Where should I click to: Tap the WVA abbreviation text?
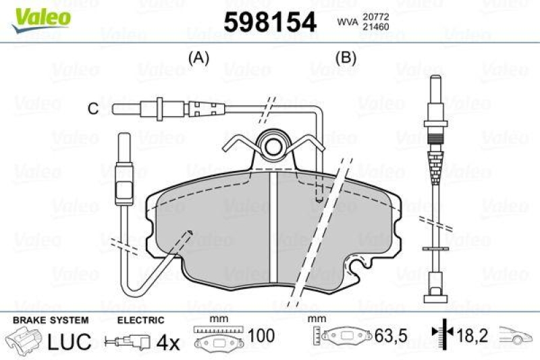coord(348,22)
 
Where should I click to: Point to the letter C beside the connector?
coord(94,108)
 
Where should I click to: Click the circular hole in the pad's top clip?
coord(273,147)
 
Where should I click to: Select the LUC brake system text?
coord(69,342)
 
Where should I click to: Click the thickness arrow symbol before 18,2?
coord(438,335)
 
